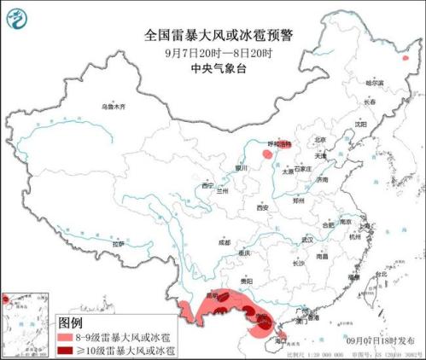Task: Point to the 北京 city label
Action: [320, 139]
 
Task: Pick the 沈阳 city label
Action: [361, 124]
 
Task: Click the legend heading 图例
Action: [70, 323]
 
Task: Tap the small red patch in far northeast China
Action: [406, 58]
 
